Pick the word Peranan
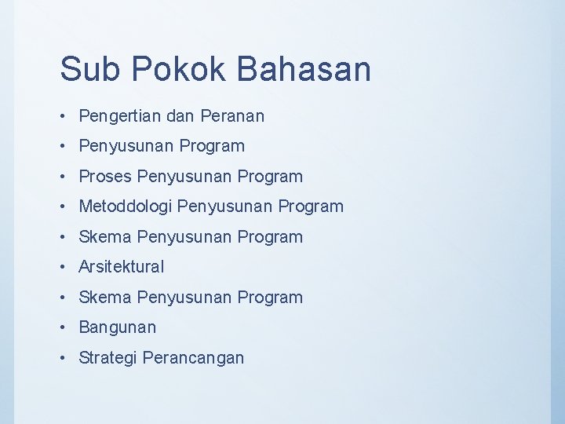point(232,115)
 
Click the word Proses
point(104,176)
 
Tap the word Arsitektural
point(122,267)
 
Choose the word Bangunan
point(118,327)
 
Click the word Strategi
point(108,358)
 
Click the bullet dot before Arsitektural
point(64,267)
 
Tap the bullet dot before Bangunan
point(64,327)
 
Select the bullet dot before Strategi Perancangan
point(64,357)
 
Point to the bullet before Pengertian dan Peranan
point(64,116)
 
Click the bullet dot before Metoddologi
point(64,207)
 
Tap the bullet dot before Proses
point(64,176)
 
